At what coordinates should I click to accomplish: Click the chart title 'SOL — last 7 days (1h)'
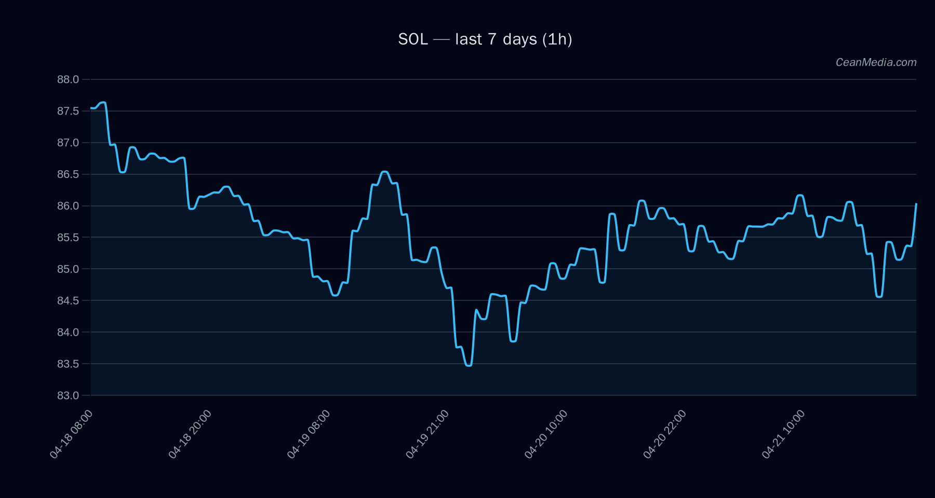[485, 39]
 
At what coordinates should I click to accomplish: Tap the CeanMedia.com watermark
[876, 62]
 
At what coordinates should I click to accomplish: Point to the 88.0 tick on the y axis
[68, 79]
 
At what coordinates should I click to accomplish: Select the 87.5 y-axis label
[68, 111]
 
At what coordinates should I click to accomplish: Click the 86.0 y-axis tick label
[68, 206]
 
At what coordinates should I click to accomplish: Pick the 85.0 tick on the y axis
[68, 269]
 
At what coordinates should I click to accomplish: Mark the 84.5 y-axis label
[68, 301]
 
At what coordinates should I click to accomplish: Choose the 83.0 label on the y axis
[68, 395]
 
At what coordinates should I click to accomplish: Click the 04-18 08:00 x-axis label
[72, 434]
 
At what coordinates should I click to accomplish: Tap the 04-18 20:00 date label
[190, 434]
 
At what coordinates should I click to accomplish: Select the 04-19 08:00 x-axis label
[309, 434]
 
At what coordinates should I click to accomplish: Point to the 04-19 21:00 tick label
[428, 434]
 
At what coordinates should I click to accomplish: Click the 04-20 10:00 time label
[546, 434]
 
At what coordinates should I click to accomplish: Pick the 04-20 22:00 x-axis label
[665, 434]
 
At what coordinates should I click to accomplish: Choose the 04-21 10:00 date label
[783, 434]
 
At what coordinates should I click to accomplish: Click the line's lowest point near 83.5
[469, 366]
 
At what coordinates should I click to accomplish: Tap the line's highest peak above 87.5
[103, 103]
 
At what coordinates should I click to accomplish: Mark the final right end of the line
[916, 204]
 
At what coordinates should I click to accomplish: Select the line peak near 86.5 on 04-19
[384, 172]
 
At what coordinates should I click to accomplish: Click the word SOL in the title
[413, 39]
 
